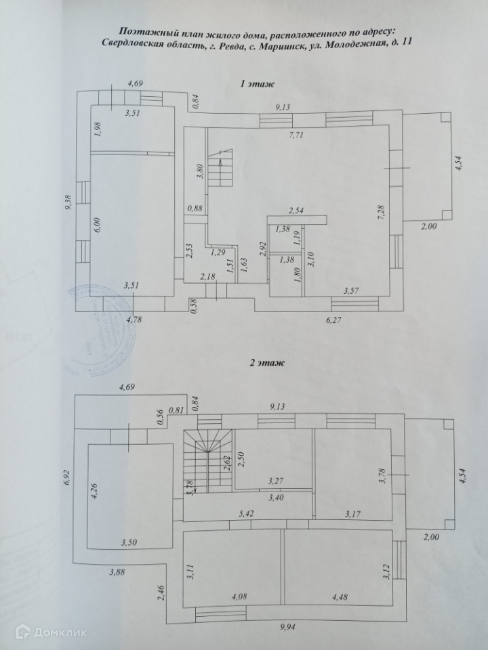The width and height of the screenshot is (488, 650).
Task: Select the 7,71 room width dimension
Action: pos(298,135)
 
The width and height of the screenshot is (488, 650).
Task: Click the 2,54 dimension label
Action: pos(297,211)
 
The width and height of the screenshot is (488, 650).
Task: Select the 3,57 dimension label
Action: pos(352,291)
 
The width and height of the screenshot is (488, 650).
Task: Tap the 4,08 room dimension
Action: pos(240,597)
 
